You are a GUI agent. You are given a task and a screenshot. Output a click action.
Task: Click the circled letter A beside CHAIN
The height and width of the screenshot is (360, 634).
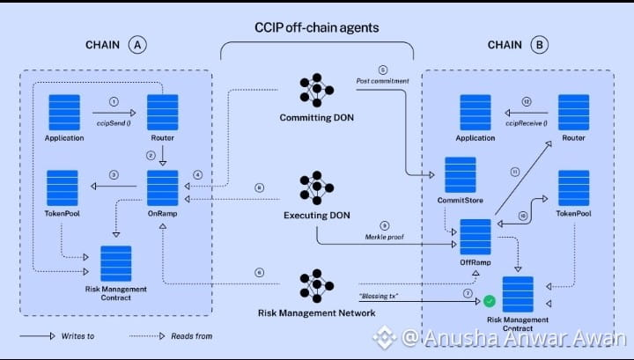click(x=137, y=45)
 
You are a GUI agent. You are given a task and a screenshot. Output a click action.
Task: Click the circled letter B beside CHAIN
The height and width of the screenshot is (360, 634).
click(x=539, y=45)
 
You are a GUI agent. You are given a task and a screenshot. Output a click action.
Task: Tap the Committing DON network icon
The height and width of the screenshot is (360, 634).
click(x=317, y=90)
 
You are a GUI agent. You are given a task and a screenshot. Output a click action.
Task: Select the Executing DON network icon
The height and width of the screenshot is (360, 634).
click(x=317, y=187)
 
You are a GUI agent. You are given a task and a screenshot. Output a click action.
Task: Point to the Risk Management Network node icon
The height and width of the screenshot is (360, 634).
click(x=317, y=286)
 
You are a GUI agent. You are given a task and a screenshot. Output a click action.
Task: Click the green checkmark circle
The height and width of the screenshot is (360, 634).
click(x=490, y=301)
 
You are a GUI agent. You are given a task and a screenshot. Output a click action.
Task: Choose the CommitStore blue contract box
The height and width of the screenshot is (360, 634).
click(x=461, y=174)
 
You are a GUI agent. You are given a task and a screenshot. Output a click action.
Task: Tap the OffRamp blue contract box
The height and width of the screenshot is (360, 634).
click(x=475, y=237)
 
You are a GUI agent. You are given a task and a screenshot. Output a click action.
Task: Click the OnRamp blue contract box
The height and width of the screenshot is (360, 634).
click(x=163, y=187)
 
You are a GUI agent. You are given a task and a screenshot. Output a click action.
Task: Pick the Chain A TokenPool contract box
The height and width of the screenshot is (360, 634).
click(x=63, y=187)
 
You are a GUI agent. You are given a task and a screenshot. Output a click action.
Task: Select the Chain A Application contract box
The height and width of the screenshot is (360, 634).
click(x=64, y=113)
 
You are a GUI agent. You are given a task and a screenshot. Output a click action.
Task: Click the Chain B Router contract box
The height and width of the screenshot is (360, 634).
click(x=574, y=113)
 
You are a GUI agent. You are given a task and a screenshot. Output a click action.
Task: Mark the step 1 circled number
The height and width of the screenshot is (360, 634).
click(x=114, y=102)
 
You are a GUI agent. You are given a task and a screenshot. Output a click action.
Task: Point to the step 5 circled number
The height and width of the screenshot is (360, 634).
click(x=383, y=70)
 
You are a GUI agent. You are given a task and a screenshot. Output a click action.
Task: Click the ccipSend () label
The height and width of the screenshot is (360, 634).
click(x=114, y=123)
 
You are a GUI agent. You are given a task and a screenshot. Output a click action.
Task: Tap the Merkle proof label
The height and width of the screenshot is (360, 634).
click(x=384, y=237)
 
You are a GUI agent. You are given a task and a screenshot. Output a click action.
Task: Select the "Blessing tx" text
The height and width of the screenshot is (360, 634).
click(x=379, y=296)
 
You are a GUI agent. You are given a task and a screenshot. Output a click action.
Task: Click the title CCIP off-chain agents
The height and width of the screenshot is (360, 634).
click(x=317, y=27)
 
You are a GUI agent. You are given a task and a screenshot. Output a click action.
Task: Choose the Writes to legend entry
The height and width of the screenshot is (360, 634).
click(x=57, y=335)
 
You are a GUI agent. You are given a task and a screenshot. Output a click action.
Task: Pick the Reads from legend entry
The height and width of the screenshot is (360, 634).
click(x=171, y=335)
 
